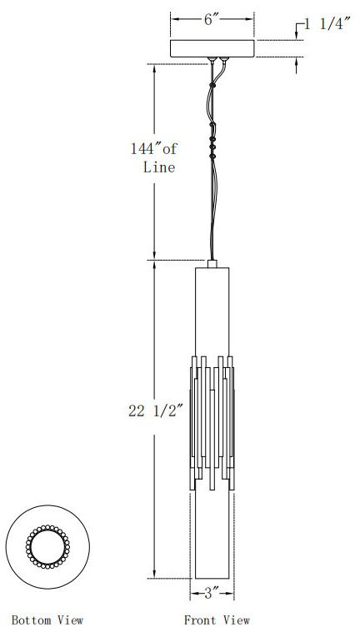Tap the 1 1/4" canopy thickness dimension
click(326, 25)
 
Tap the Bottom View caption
click(47, 620)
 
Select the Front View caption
click(217, 620)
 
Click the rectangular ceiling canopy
click(213, 48)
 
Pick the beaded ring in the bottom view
click(48, 546)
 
